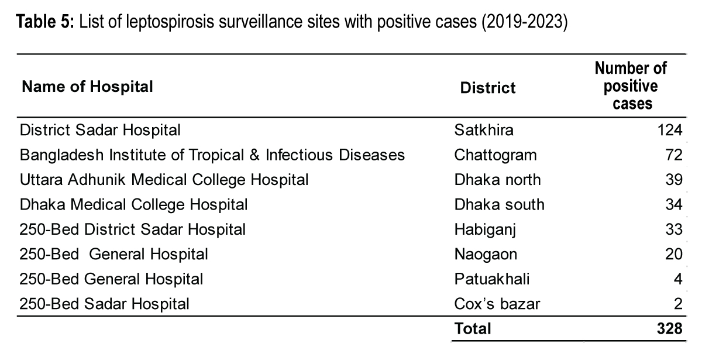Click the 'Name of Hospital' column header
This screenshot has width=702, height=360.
tap(87, 87)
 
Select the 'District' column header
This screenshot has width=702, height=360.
tap(488, 88)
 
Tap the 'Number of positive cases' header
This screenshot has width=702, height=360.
tap(631, 86)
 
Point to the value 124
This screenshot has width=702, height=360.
tap(670, 129)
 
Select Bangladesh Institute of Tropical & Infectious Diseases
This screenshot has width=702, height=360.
tap(212, 155)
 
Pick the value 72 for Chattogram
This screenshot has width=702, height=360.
tap(674, 155)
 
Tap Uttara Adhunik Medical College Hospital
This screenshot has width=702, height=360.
tap(164, 180)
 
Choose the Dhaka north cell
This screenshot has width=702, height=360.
tap(497, 180)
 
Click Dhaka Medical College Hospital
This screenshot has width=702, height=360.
tap(133, 204)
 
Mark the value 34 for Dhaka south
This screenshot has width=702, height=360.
tap(674, 204)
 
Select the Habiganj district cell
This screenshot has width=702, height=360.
tap(484, 229)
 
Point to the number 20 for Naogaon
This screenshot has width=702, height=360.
tap(674, 254)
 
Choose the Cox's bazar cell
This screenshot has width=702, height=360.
tap(497, 304)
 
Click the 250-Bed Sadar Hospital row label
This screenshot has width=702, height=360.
tap(105, 304)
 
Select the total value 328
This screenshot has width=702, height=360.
tap(670, 329)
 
